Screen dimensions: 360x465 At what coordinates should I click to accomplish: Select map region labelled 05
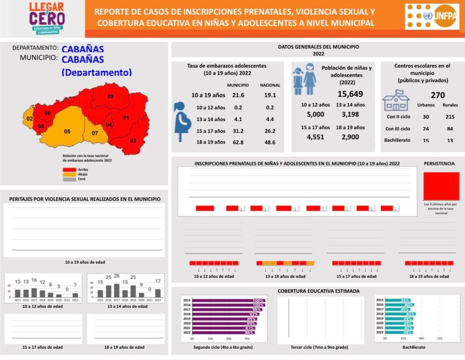click(x=67, y=131)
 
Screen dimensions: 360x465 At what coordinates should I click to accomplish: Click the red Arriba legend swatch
click(x=69, y=169)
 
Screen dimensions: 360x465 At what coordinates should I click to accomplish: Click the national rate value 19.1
click(x=270, y=95)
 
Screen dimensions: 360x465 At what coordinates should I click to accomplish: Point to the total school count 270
click(x=437, y=95)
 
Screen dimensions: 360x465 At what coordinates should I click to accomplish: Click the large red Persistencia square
click(x=441, y=186)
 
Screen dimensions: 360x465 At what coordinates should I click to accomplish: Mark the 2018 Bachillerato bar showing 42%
click(x=394, y=314)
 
